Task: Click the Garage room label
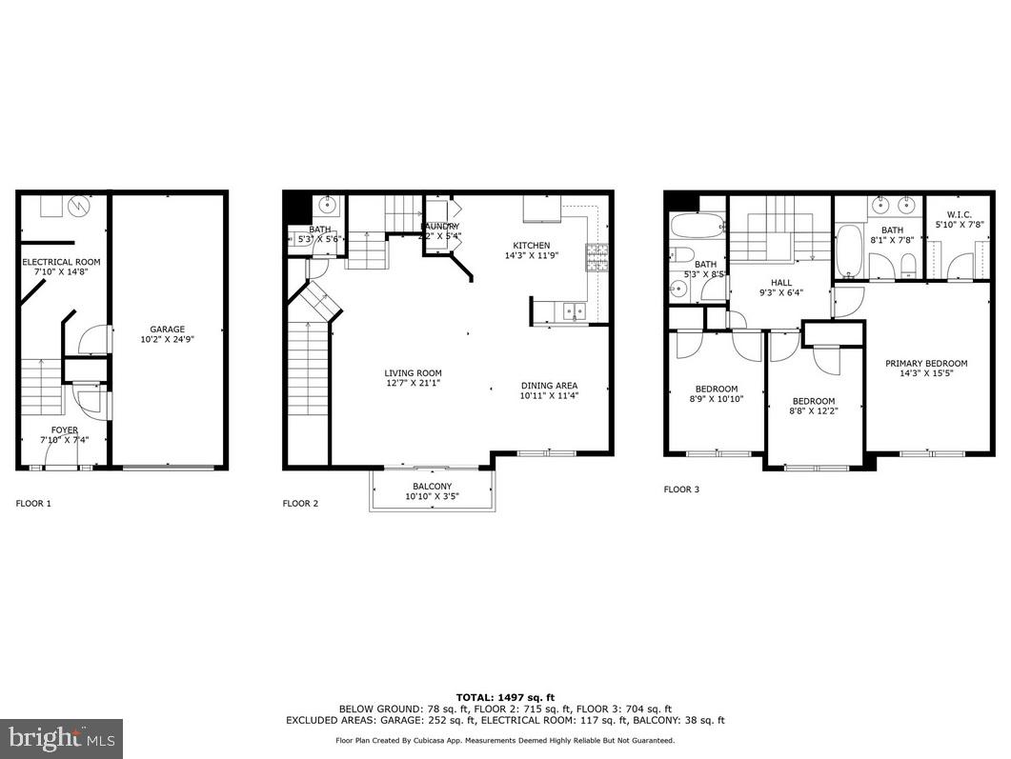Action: (x=167, y=330)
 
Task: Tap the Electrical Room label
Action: (x=61, y=262)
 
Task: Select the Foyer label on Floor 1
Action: (x=65, y=430)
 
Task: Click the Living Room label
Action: (x=413, y=373)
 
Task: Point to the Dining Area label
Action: (x=550, y=386)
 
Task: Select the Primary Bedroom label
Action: (x=926, y=363)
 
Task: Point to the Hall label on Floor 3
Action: (x=780, y=282)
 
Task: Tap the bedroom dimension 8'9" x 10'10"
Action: (x=716, y=399)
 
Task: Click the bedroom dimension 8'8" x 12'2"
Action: (x=814, y=411)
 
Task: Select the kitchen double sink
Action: (x=573, y=310)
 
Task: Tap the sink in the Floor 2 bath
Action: (x=329, y=204)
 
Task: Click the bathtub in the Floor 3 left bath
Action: (x=686, y=227)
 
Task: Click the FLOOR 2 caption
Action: (x=300, y=503)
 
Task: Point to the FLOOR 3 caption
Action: (x=681, y=489)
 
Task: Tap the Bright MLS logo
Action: (x=61, y=738)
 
